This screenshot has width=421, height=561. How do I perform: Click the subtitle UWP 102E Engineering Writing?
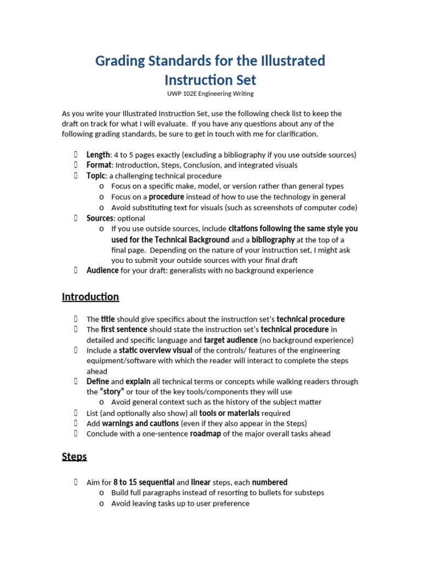point(210,94)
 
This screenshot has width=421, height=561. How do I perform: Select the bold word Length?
point(98,155)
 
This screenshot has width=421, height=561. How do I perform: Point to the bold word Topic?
point(95,176)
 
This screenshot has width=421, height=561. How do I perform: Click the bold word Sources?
point(100,218)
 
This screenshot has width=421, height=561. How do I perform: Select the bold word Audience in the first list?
point(103,270)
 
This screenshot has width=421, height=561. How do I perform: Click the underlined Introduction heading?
point(90,297)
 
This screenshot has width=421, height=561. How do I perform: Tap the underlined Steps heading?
point(74,456)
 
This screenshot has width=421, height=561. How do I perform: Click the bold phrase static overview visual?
point(156,350)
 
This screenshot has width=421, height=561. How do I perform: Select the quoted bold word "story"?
point(111,392)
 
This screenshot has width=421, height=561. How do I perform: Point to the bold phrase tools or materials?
point(229,413)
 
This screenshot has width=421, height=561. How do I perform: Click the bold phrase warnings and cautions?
point(140,423)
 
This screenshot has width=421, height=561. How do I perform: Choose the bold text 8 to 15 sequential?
point(144,483)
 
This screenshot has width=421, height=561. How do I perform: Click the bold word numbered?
point(270,483)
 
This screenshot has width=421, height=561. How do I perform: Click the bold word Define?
point(98,381)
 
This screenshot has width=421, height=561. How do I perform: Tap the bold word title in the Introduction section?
point(108,319)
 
